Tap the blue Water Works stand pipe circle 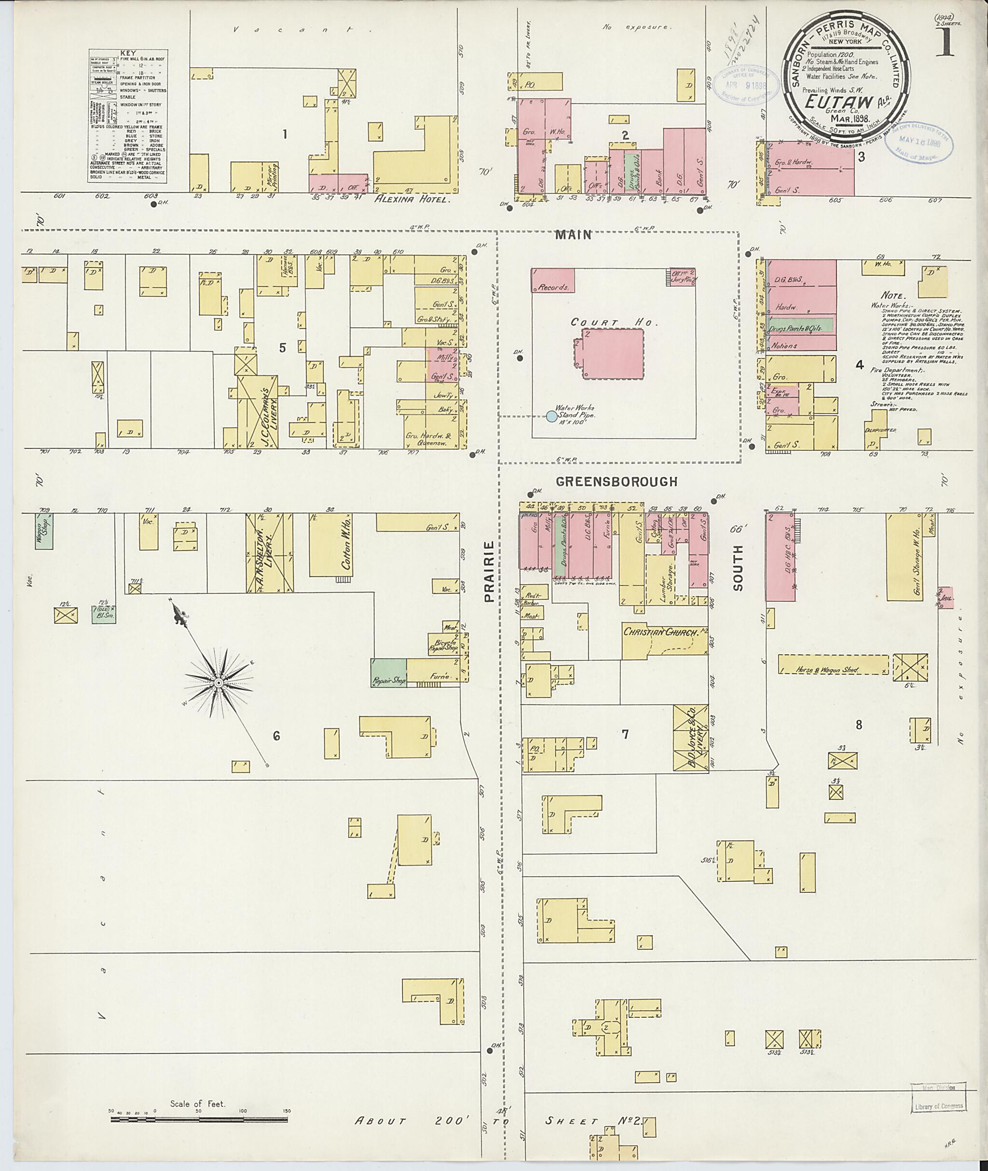[552, 416]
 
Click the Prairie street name [490, 571]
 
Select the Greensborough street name [617, 482]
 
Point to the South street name [738, 568]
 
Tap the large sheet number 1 [946, 40]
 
